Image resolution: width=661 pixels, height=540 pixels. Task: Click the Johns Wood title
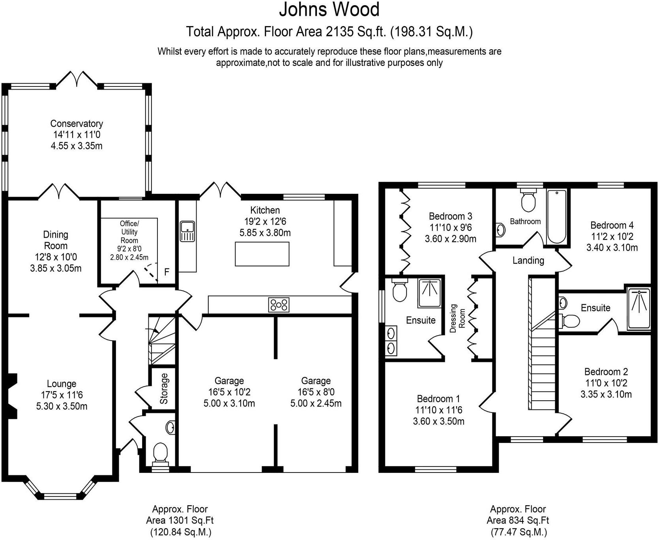329,9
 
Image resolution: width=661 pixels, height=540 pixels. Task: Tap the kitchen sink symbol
187,231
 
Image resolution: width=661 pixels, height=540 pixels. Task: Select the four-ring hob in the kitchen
279,305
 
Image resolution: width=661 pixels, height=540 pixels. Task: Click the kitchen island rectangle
262,254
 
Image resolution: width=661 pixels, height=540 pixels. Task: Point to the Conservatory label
77,124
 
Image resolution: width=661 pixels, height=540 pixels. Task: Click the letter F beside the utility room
167,272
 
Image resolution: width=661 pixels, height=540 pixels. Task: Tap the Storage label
164,389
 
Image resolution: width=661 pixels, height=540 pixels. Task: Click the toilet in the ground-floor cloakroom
160,453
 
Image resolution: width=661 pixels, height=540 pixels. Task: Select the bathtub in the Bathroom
556,217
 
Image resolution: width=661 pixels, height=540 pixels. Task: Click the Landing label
528,261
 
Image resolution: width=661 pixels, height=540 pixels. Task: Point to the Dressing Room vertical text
457,318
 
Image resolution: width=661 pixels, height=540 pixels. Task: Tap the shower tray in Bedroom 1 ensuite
429,293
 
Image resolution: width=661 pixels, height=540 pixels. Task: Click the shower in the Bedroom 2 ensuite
639,309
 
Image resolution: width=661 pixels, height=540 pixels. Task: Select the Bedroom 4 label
612,225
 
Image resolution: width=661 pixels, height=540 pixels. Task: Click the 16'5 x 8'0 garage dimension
316,392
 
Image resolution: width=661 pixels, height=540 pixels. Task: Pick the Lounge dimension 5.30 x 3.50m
62,406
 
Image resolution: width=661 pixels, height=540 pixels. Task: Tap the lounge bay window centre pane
61,495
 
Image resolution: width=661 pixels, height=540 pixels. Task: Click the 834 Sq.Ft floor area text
518,521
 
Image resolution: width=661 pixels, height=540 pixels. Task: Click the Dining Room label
56,240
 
